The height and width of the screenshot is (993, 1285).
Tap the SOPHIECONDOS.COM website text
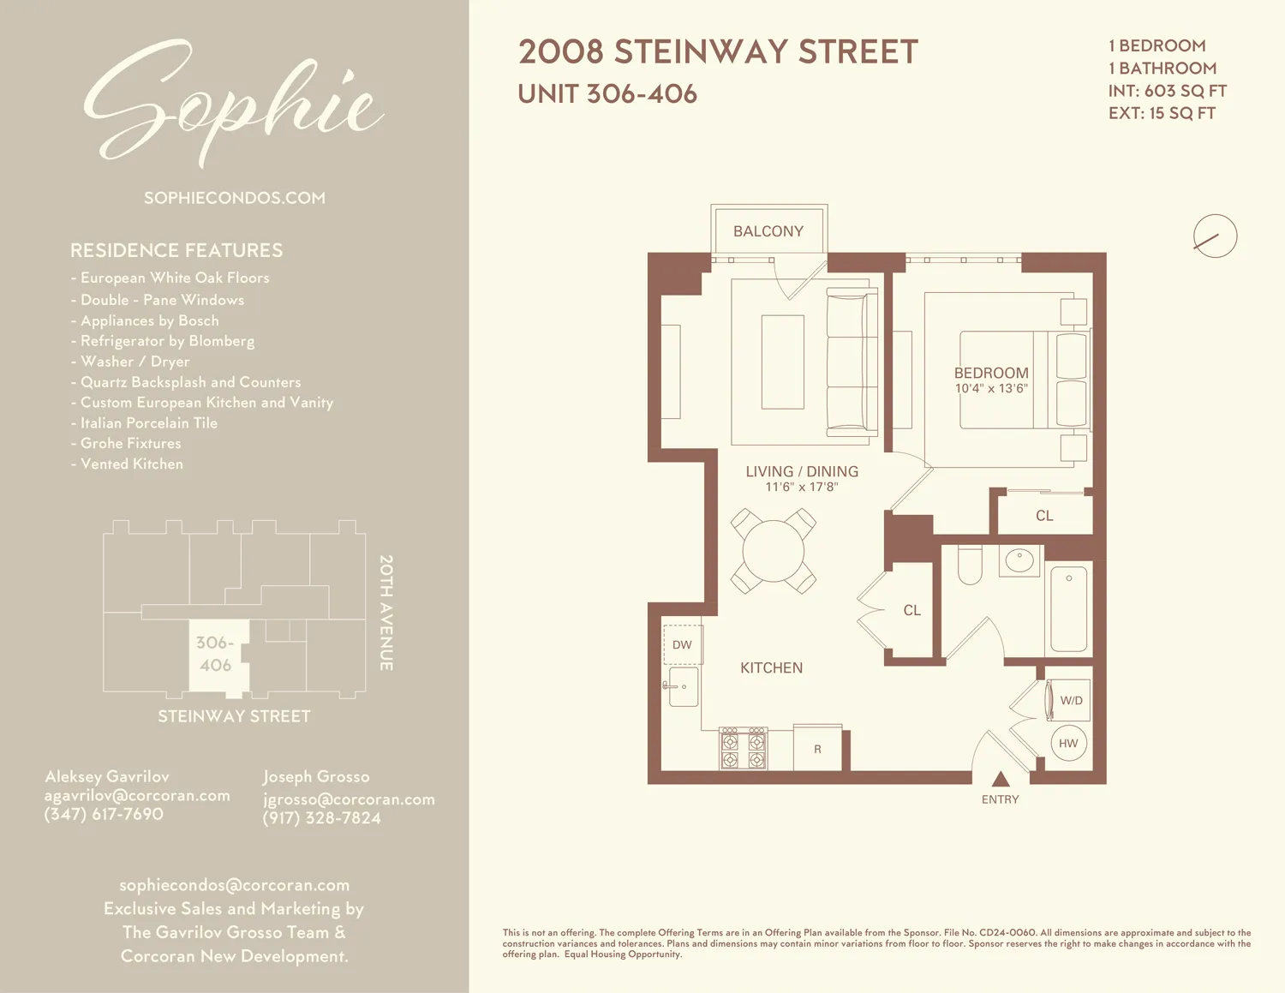[234, 198]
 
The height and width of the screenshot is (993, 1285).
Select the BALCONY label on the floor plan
[768, 231]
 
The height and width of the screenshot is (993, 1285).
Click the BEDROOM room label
[991, 373]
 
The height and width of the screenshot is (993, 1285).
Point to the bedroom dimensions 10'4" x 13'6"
[991, 389]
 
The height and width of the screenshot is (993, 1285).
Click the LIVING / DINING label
[802, 471]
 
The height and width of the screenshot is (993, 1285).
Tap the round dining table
[774, 551]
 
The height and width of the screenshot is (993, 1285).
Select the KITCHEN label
[771, 667]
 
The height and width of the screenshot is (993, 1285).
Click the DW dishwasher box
[683, 645]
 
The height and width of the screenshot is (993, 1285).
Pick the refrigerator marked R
[817, 749]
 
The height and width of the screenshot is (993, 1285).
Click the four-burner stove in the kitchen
[743, 749]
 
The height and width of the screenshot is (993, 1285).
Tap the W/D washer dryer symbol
[1069, 700]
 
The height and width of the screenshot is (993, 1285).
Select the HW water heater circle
[1068, 743]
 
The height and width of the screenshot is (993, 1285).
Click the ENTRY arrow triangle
[1001, 780]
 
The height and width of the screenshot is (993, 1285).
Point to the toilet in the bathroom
[970, 565]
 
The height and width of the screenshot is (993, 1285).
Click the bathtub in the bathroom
[1068, 609]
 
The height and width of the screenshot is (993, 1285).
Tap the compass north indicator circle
[1215, 236]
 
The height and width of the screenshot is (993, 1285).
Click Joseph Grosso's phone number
[321, 818]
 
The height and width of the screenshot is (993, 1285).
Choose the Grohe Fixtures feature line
[130, 443]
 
